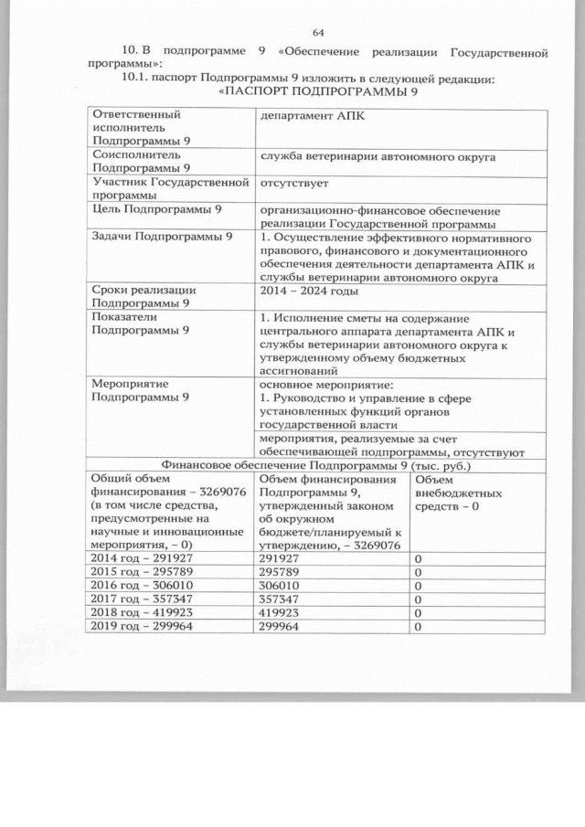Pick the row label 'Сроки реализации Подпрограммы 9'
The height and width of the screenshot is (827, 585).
(145, 296)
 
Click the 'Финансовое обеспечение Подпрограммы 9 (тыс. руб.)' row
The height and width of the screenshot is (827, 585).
(316, 464)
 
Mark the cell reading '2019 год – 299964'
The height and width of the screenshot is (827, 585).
(142, 627)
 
